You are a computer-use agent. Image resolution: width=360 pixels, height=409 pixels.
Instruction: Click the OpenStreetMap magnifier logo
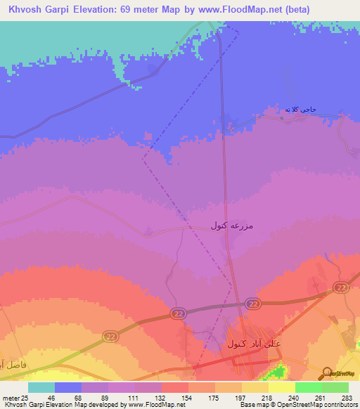tap(327, 373)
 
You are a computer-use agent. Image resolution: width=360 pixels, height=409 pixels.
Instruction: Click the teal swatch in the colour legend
tap(41, 387)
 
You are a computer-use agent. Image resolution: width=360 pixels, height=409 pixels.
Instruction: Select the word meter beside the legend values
tap(9, 398)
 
